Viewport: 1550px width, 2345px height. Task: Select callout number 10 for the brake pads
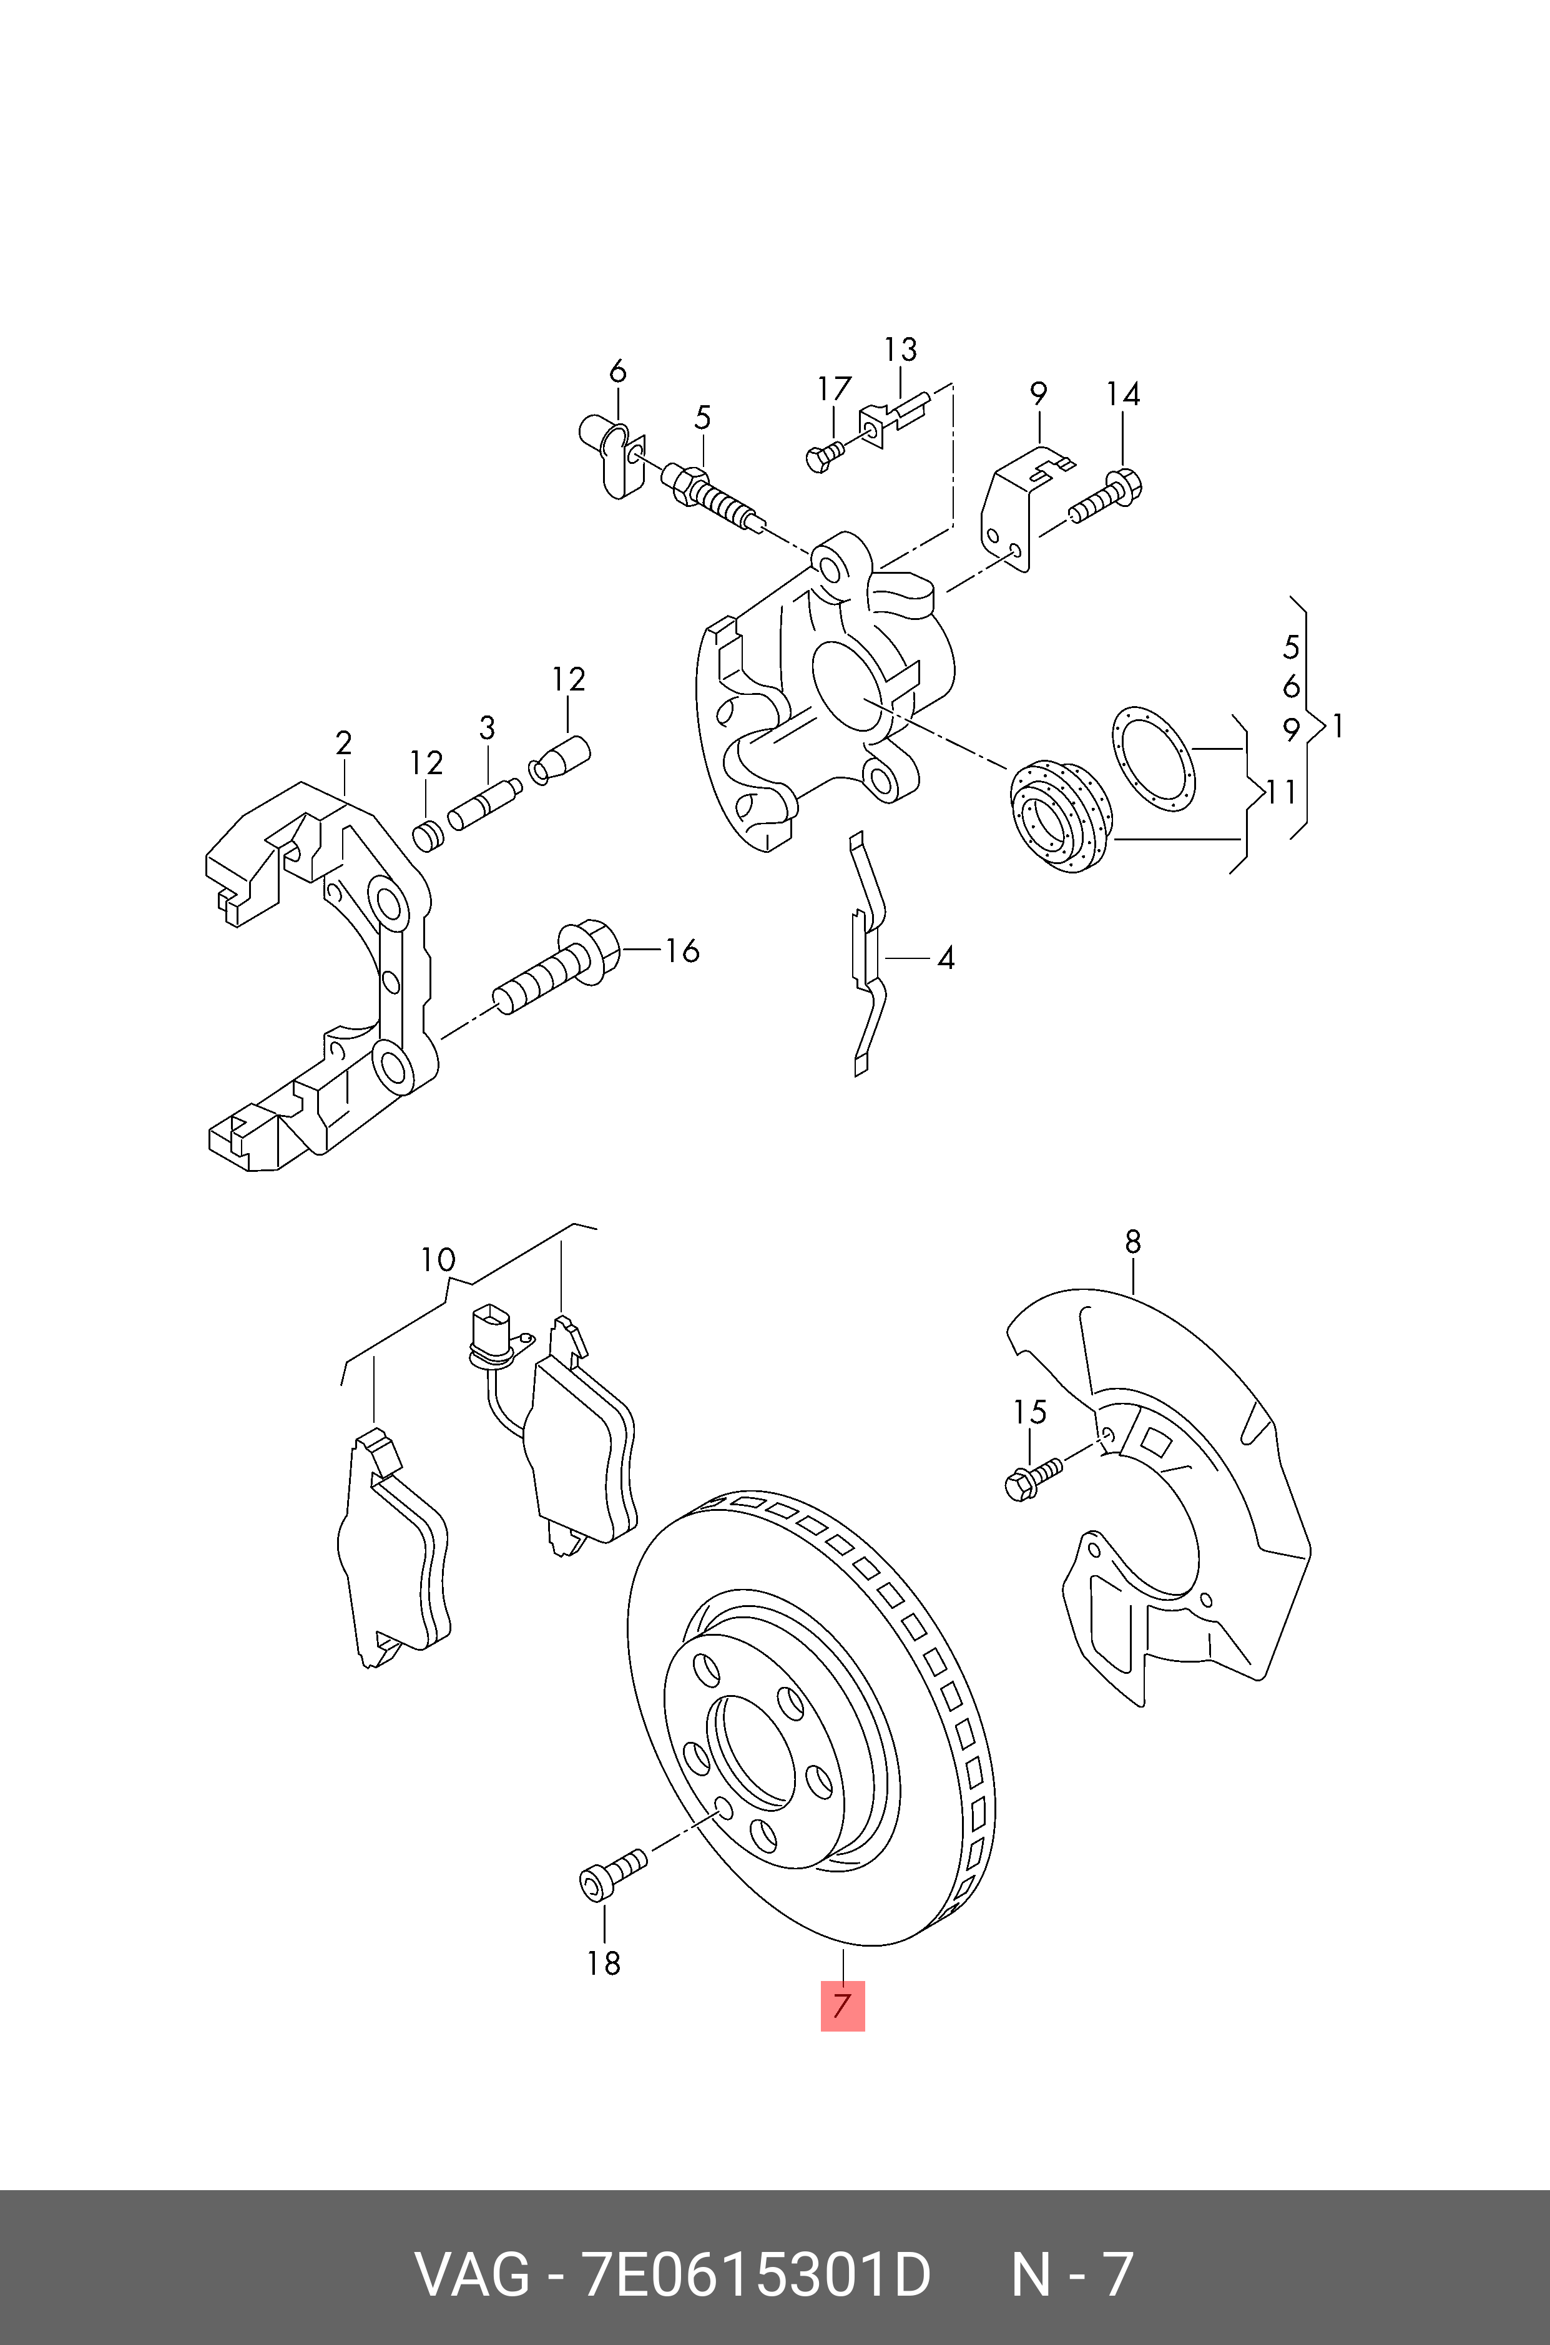coord(438,1259)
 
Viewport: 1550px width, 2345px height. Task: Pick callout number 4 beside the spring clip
coord(946,958)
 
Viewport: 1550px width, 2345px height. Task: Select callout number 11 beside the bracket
coord(1280,793)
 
